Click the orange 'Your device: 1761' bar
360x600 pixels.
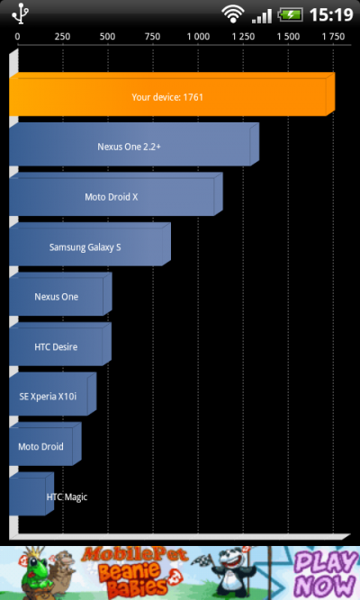pyautogui.click(x=172, y=94)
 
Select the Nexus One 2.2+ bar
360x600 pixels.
pyautogui.click(x=134, y=144)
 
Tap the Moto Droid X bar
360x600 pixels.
pyautogui.click(x=116, y=194)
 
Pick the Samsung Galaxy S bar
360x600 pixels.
pyautogui.click(x=90, y=244)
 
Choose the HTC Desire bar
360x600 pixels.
pyautogui.click(x=60, y=344)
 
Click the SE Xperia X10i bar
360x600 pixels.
pyautogui.click(x=52, y=394)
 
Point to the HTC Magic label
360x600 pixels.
pyautogui.click(x=67, y=497)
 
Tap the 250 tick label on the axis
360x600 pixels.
pyautogui.click(x=62, y=36)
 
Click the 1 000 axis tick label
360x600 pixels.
pyautogui.click(x=198, y=36)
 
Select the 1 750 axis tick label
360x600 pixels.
pyautogui.click(x=333, y=36)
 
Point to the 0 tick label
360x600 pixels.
pyautogui.click(x=17, y=36)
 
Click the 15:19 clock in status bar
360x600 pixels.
pyautogui.click(x=331, y=15)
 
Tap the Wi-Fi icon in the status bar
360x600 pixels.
pyautogui.click(x=233, y=14)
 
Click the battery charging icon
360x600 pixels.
pyautogui.click(x=291, y=15)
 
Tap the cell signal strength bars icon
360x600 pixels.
pyautogui.click(x=262, y=16)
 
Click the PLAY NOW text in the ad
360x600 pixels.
pyautogui.click(x=326, y=574)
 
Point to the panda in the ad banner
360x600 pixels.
pyautogui.click(x=234, y=571)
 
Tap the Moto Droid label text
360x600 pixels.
pyautogui.click(x=41, y=446)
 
